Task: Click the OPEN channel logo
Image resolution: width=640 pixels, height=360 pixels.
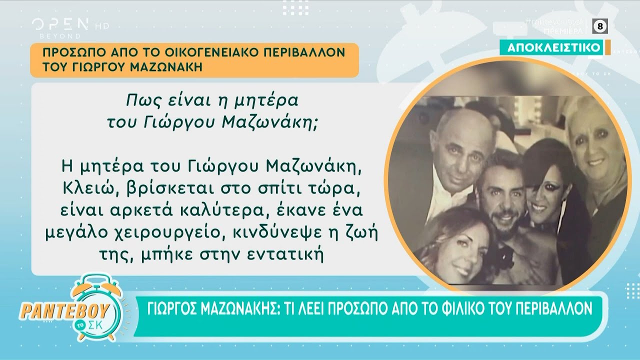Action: tap(60, 24)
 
